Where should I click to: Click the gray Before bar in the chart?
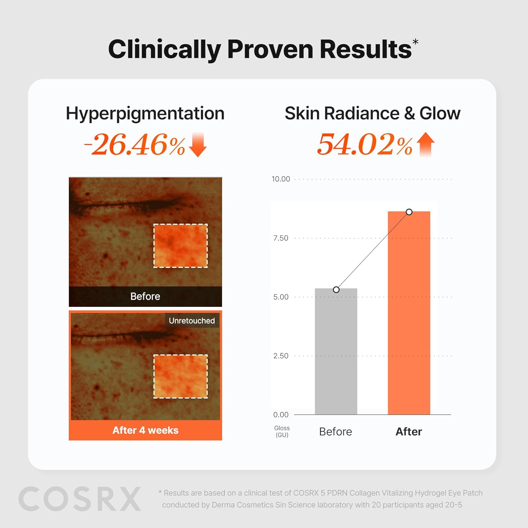pos(336,352)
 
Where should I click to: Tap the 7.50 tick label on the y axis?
pos(281,238)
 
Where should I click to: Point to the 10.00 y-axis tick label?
pos(281,179)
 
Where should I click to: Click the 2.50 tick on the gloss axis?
pos(281,356)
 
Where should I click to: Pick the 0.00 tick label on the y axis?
pos(281,415)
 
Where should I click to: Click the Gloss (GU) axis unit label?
pos(282,432)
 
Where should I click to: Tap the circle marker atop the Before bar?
pos(336,290)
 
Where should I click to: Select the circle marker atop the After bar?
pos(409,212)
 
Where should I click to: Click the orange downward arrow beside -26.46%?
pos(198,145)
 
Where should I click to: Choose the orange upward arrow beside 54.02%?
pos(426,144)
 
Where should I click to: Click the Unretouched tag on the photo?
pos(191,321)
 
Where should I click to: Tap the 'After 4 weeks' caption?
pos(145,430)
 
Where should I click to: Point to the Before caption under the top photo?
pos(145,296)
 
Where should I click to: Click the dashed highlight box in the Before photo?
pos(181,246)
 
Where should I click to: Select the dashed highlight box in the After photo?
pos(181,376)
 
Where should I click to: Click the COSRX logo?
pos(80,499)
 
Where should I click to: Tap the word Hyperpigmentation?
pos(145,114)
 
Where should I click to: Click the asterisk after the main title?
pos(415,42)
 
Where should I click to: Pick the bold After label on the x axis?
pos(409,432)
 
